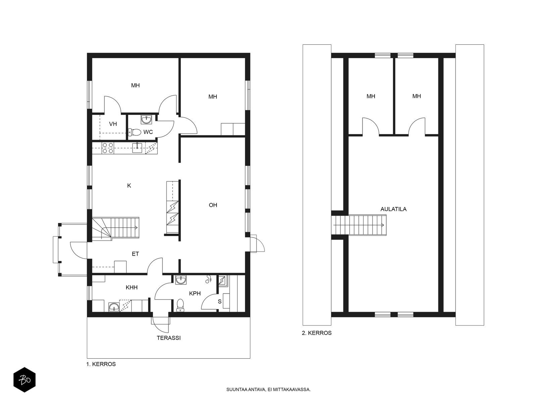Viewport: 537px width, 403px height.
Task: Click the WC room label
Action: pos(148,132)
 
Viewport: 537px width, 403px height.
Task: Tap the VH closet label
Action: pos(113,124)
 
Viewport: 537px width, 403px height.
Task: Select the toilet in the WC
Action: pos(135,132)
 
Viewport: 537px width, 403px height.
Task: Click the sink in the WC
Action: pos(146,120)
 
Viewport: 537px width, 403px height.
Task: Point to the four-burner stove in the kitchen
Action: pos(108,148)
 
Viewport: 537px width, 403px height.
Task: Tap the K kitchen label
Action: pos(129,186)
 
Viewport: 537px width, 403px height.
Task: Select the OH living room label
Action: pos(213,205)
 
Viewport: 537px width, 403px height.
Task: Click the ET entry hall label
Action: pos(135,254)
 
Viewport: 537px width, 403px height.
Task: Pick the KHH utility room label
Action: pos(132,287)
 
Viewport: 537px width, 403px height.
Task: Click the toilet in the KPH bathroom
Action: pos(181,305)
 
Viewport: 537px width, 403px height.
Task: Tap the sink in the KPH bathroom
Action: pos(181,280)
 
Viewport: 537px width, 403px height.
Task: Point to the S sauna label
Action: pos(220,302)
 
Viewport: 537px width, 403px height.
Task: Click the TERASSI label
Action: pos(168,338)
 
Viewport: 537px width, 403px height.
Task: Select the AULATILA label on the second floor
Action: pos(393,209)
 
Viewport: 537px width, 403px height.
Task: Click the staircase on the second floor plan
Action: pos(359,225)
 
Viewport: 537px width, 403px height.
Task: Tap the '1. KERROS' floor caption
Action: pos(101,364)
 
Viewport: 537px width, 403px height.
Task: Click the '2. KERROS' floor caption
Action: pos(316,333)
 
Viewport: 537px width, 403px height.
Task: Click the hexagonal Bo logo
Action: pos(25,380)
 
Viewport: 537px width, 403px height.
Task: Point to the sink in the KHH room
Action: pos(113,307)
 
